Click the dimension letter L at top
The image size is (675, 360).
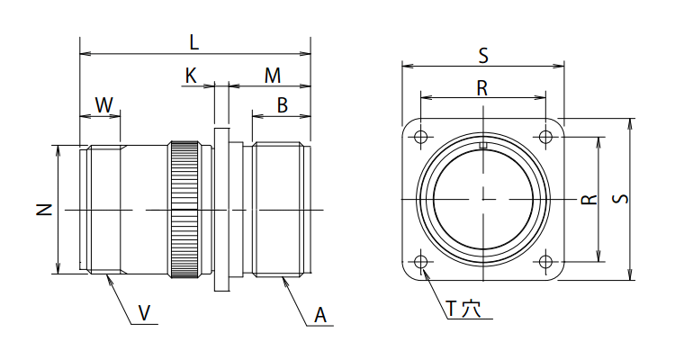pos(194,42)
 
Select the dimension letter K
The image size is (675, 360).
pos(191,76)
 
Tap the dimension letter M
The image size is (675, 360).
pos(272,76)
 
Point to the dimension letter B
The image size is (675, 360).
pos(282,105)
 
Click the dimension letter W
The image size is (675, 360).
pos(104,105)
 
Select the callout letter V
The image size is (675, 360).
pos(144,313)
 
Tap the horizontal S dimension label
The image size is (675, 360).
pos(483,56)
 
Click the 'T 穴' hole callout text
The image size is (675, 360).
pos(463,308)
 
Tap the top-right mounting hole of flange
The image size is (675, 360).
pos(545,138)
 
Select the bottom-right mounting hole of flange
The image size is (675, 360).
pos(545,262)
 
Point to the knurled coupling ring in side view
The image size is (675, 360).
pos(186,210)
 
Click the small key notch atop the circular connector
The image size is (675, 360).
pos(483,145)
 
